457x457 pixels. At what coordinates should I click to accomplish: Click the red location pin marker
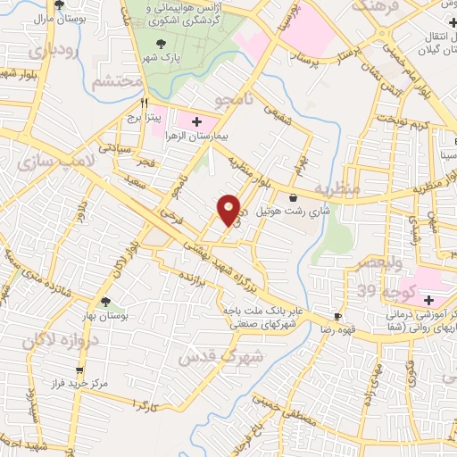[x=229, y=209]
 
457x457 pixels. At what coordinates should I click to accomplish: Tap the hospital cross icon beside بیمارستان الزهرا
[x=196, y=120]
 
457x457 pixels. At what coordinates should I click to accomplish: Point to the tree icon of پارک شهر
[x=162, y=43]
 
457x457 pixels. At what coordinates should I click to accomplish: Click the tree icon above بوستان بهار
[x=107, y=302]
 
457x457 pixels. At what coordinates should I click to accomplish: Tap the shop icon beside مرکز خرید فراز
[x=81, y=370]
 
